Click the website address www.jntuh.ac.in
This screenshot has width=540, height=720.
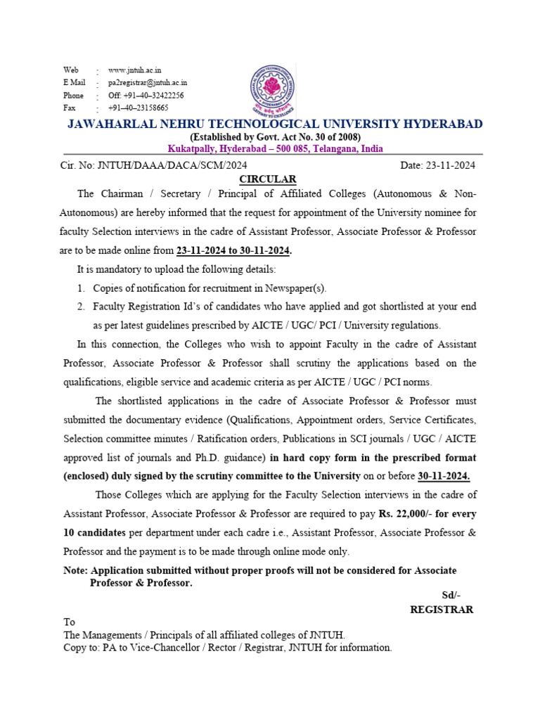click(x=134, y=70)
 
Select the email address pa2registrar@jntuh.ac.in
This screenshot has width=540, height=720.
click(x=148, y=83)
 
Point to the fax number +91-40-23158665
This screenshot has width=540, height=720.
click(x=138, y=108)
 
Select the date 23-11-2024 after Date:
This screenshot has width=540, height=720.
click(x=451, y=165)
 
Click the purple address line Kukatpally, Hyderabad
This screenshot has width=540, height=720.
click(x=275, y=149)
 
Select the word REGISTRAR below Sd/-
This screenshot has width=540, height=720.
click(x=442, y=610)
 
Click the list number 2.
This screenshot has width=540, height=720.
click(x=81, y=307)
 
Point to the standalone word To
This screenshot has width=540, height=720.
click(x=69, y=622)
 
